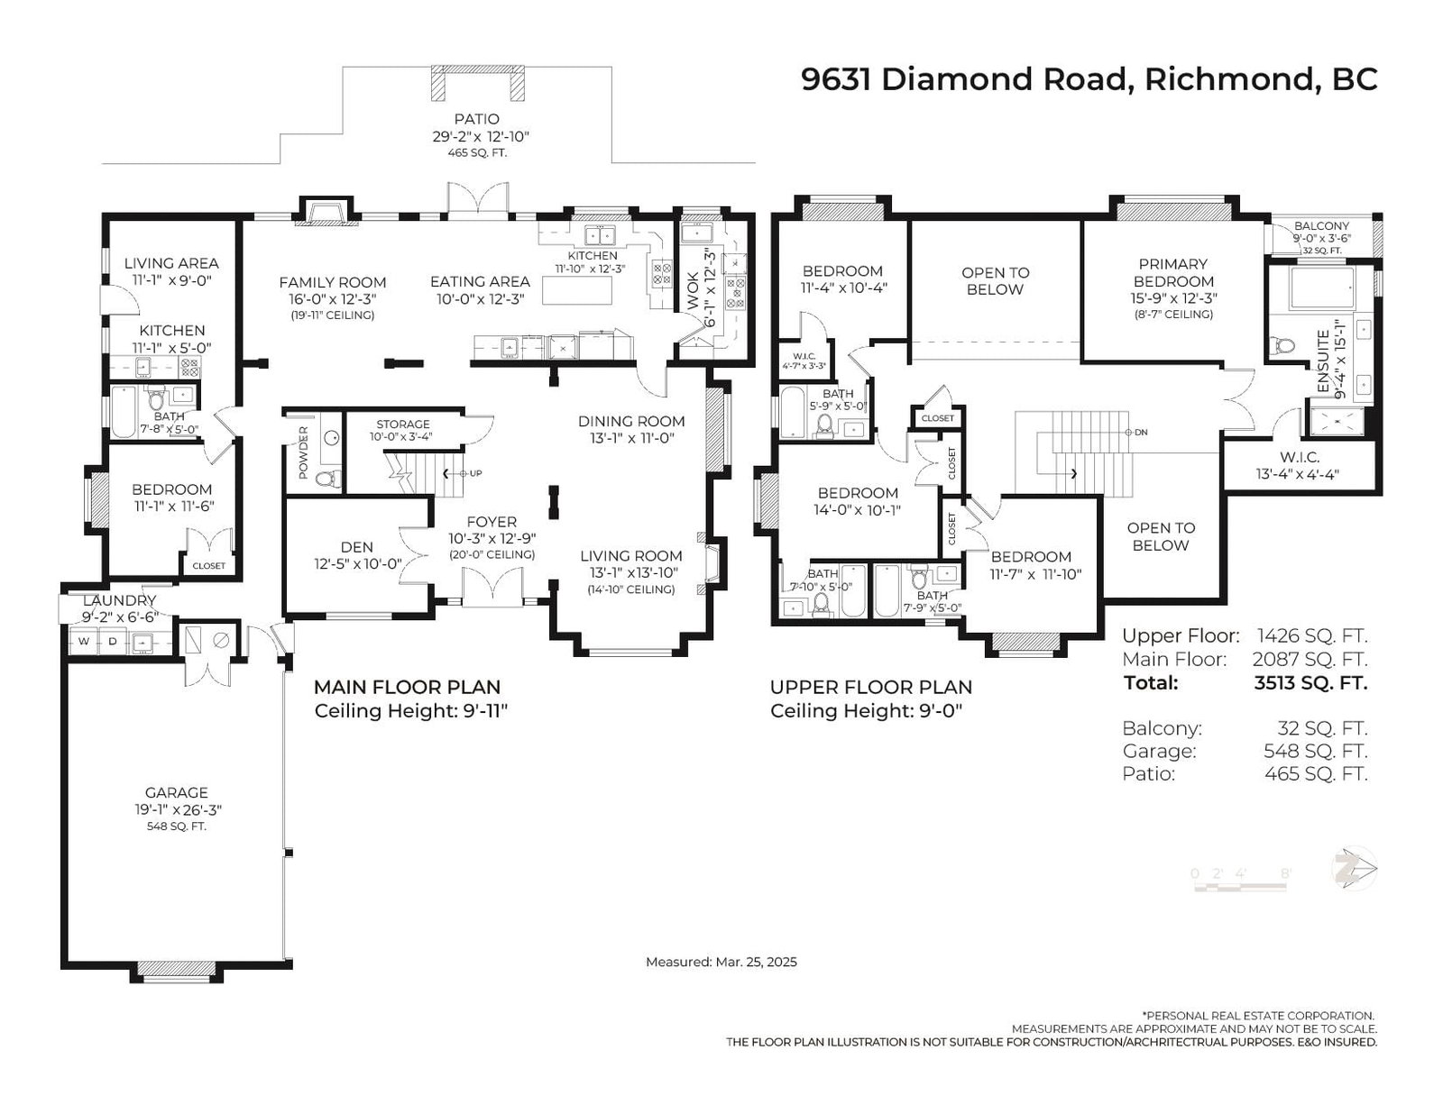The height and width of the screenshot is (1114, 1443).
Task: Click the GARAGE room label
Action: (x=176, y=792)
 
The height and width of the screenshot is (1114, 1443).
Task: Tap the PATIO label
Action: (x=476, y=120)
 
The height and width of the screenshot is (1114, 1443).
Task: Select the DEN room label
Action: (x=356, y=547)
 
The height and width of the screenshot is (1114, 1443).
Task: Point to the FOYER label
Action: (x=492, y=522)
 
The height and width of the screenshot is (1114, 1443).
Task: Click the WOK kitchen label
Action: (x=693, y=291)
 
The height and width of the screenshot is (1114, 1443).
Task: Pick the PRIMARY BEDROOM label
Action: (x=1173, y=273)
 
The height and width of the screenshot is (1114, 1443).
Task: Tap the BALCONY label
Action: (x=1321, y=226)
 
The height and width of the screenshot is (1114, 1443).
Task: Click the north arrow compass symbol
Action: (x=1355, y=868)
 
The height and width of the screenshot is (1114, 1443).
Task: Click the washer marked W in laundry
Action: (x=84, y=641)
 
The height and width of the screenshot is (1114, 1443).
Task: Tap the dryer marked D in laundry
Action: (x=112, y=641)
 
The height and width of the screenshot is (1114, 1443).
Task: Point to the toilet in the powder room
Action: (x=326, y=478)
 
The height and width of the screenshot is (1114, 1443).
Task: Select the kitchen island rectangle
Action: (x=576, y=290)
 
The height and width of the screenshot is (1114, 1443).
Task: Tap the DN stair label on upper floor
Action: (x=1141, y=433)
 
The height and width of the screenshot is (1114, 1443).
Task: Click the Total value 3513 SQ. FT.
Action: (x=1310, y=683)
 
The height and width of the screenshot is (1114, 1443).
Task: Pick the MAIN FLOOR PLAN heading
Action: (x=407, y=687)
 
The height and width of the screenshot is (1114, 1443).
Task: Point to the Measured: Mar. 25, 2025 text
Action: (x=721, y=962)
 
